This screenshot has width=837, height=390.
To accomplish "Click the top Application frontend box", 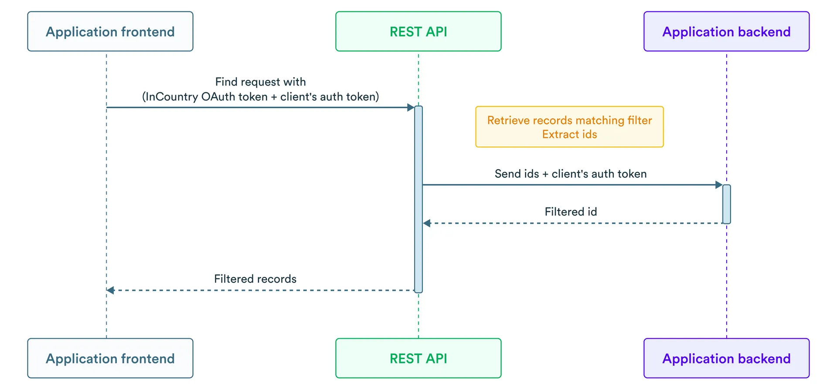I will [110, 31].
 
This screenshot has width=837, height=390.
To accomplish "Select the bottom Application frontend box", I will [110, 358].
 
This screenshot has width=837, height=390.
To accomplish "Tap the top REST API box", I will [418, 31].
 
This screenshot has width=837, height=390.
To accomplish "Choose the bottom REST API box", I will [418, 358].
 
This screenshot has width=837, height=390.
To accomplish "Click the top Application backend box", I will [726, 31].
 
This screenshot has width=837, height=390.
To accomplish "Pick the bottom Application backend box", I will [726, 358].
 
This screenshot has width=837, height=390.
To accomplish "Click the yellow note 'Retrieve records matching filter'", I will [569, 120].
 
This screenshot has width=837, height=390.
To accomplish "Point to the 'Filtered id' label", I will [571, 212].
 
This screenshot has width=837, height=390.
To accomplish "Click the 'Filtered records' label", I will [255, 279].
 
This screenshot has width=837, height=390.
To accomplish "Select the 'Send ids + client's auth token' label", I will [571, 174].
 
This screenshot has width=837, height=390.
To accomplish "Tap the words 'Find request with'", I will [260, 82].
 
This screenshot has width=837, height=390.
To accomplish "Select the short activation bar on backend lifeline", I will [726, 204].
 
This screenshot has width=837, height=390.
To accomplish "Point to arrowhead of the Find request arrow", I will [410, 107].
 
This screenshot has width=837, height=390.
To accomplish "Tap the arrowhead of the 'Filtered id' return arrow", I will [427, 223].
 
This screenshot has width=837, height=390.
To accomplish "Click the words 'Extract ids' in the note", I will [569, 134].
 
